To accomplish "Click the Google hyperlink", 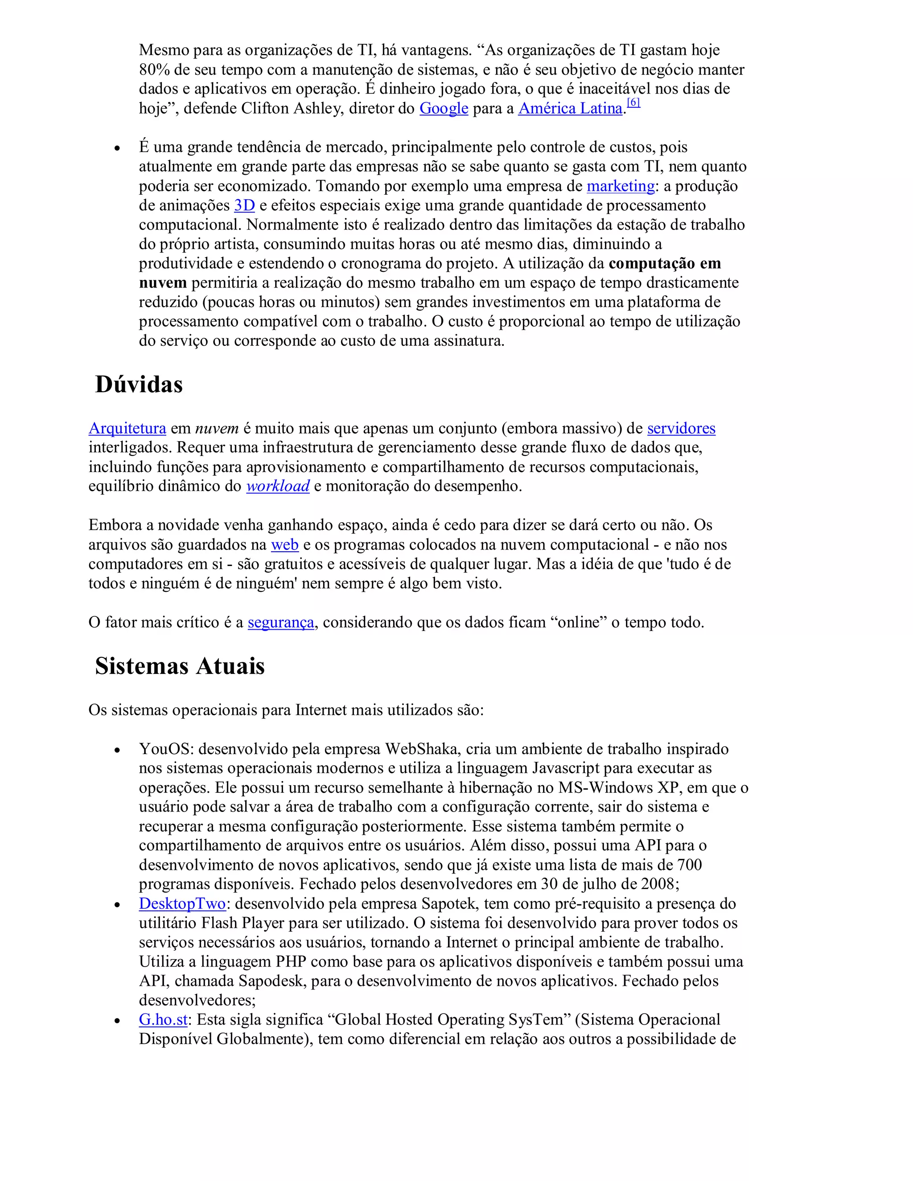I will pyautogui.click(x=444, y=109).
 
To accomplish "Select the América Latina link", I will pyautogui.click(x=570, y=109).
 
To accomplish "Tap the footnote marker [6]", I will pyautogui.click(x=633, y=102).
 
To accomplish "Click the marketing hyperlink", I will pyautogui.click(x=621, y=186).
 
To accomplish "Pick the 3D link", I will pyautogui.click(x=244, y=205).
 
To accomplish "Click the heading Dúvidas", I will pyautogui.click(x=139, y=385).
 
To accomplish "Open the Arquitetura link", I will pyautogui.click(x=127, y=428).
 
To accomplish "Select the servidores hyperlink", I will pyautogui.click(x=681, y=428).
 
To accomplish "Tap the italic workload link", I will pyautogui.click(x=278, y=486).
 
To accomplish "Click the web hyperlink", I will pyautogui.click(x=284, y=545).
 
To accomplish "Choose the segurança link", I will pyautogui.click(x=281, y=623).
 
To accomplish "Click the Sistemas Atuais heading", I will pyautogui.click(x=180, y=666).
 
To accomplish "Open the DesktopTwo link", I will pyautogui.click(x=182, y=904).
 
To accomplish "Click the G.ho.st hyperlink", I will pyautogui.click(x=163, y=1019).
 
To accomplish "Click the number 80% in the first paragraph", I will pyautogui.click(x=154, y=70).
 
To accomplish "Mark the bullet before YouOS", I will pyautogui.click(x=117, y=750).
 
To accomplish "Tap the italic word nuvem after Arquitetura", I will pyautogui.click(x=217, y=428).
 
